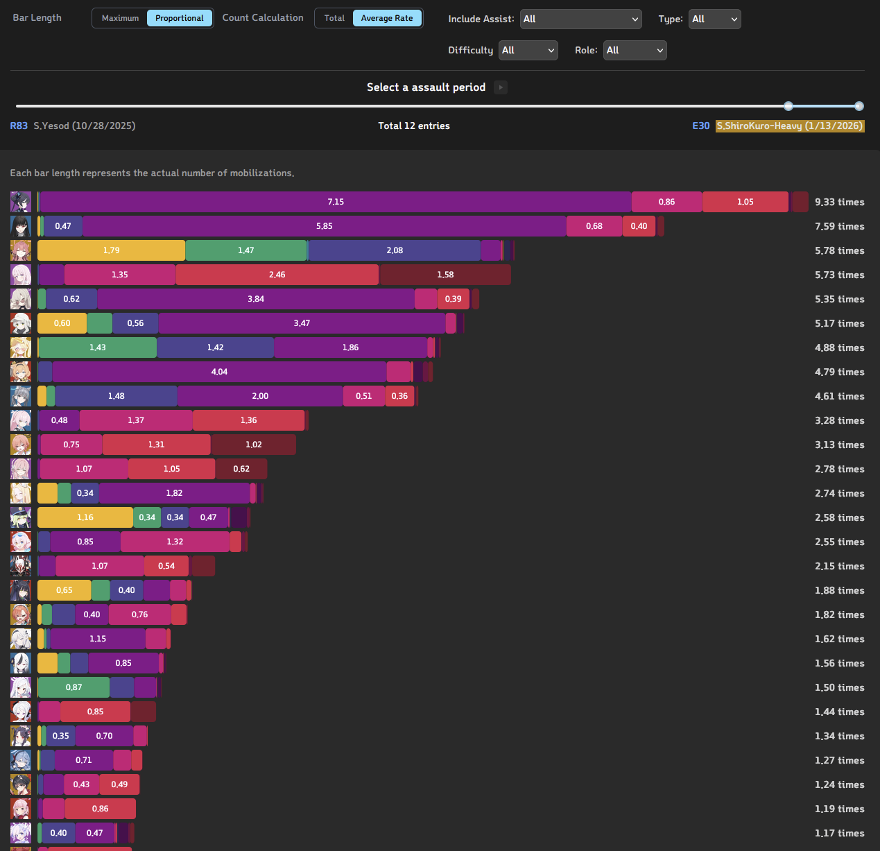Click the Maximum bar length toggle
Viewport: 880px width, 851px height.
(120, 18)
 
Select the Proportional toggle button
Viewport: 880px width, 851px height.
(179, 18)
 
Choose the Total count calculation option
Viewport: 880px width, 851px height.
(334, 18)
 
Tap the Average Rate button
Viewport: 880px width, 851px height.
(386, 18)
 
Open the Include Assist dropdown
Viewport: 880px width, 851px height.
(580, 19)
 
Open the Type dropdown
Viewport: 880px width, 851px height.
(714, 19)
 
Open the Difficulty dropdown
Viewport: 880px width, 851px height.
(528, 50)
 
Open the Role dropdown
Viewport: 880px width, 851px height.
(635, 50)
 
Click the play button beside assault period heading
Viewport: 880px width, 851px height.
(501, 87)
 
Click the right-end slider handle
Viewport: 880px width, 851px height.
(859, 106)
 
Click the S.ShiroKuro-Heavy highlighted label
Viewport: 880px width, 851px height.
(790, 126)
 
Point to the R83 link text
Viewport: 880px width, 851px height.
(19, 126)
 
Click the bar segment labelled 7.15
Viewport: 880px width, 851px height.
(336, 202)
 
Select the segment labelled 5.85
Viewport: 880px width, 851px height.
(324, 226)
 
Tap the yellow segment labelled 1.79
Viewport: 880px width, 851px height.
(111, 250)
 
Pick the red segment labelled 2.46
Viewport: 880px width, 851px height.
(277, 275)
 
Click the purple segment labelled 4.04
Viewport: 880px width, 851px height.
(219, 372)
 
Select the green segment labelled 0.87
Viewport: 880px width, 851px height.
(74, 687)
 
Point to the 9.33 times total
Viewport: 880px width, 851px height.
(839, 202)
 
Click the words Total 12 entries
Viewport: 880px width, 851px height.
(414, 126)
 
